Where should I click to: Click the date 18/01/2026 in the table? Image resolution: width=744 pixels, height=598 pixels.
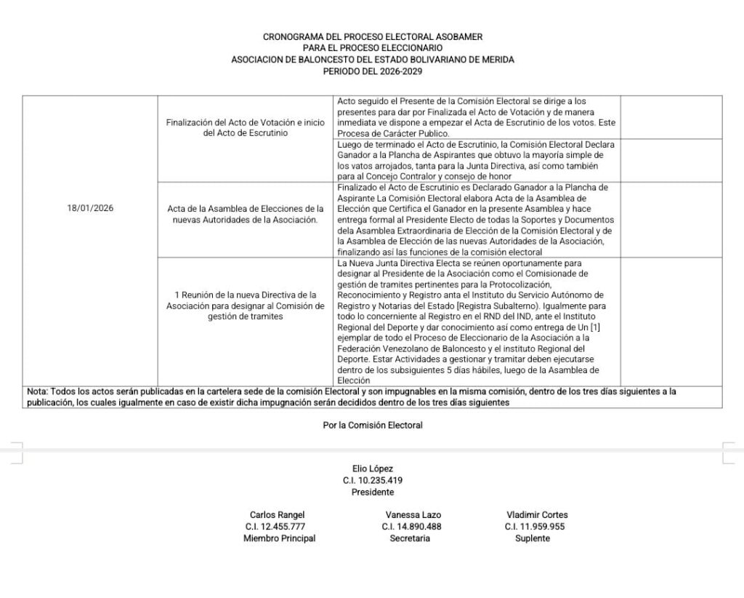click(90, 208)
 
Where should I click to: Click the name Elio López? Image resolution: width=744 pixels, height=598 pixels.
click(372, 469)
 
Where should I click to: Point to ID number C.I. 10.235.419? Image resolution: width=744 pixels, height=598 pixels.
click(373, 481)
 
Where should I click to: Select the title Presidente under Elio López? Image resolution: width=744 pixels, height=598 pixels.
click(372, 493)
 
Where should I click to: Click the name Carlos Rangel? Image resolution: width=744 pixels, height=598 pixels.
click(277, 515)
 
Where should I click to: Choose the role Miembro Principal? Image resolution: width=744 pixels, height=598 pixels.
click(279, 538)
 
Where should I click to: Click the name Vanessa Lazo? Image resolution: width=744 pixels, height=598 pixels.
click(413, 515)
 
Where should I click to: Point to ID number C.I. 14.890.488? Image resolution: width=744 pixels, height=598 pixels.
click(411, 527)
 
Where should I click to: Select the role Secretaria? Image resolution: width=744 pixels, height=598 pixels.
click(410, 538)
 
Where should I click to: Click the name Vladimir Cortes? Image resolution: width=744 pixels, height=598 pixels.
click(537, 515)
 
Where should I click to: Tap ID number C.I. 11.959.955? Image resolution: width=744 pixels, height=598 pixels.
click(535, 527)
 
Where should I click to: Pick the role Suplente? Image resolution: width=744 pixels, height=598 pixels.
click(533, 538)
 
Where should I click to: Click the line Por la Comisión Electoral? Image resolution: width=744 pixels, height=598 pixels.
click(373, 425)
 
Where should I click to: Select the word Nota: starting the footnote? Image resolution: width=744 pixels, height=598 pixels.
click(37, 391)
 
